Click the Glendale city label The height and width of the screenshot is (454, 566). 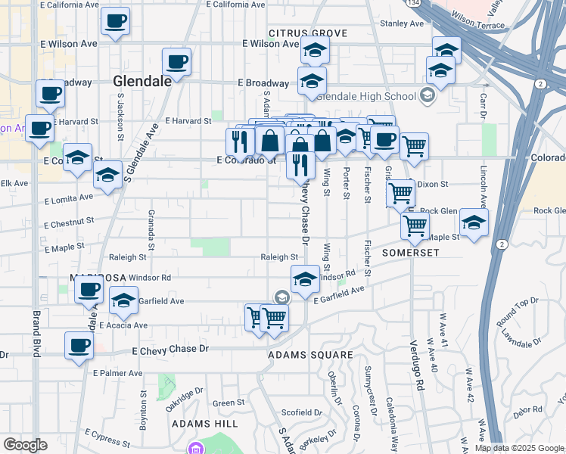141,81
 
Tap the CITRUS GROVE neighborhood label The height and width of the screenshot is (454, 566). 307,33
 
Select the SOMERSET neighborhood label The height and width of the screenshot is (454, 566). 411,252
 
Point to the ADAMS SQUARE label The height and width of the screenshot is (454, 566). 311,354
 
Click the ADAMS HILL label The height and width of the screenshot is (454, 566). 205,424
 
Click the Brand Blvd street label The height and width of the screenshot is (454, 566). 36,333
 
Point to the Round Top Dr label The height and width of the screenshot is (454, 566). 517,312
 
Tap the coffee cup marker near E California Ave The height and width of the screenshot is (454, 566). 115,22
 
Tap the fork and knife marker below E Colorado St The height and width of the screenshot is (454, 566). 300,163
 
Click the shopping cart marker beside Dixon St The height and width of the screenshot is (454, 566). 400,192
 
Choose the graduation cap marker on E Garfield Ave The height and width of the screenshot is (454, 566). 123,301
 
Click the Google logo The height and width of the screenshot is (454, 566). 25,445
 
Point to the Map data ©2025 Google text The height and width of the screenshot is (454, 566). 520,448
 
